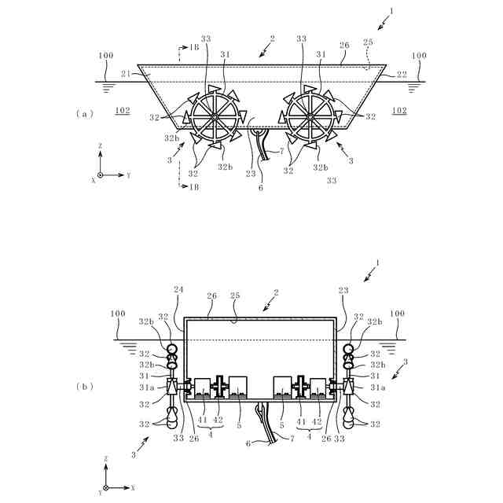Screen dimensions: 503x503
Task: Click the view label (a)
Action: click(85, 114)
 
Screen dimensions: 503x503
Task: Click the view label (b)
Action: click(85, 386)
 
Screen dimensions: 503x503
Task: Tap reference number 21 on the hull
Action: click(127, 74)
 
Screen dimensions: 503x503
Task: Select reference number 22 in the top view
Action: click(402, 75)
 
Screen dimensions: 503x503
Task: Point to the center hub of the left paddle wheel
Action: click(215, 117)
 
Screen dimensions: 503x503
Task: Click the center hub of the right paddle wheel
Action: click(310, 117)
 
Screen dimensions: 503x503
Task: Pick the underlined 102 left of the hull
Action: click(123, 111)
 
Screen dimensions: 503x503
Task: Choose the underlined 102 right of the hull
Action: click(399, 111)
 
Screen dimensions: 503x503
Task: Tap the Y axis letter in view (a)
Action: click(128, 175)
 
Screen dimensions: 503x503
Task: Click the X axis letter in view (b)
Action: click(133, 488)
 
